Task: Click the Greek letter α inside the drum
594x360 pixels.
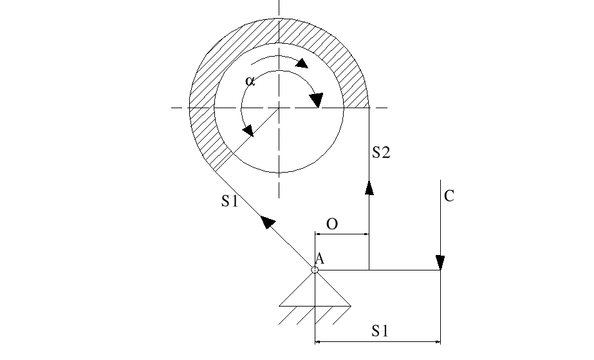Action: coord(250,82)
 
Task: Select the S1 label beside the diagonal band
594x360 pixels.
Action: coord(230,202)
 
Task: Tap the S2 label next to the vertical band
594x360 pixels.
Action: coord(382,153)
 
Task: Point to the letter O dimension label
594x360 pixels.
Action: coord(332,224)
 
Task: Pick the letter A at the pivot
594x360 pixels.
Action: coord(320,259)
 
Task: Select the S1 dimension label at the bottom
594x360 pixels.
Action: coord(380,331)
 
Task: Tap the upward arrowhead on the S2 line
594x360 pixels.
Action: coord(369,187)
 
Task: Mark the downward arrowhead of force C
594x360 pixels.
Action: coord(440,263)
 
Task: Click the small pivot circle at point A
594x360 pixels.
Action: coord(315,270)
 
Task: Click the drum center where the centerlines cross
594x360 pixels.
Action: coord(279,108)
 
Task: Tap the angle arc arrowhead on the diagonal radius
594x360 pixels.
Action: coord(248,130)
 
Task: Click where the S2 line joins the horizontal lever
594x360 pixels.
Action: coord(369,270)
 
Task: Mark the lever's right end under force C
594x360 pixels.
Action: coord(440,270)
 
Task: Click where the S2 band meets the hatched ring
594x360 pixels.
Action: coord(369,108)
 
